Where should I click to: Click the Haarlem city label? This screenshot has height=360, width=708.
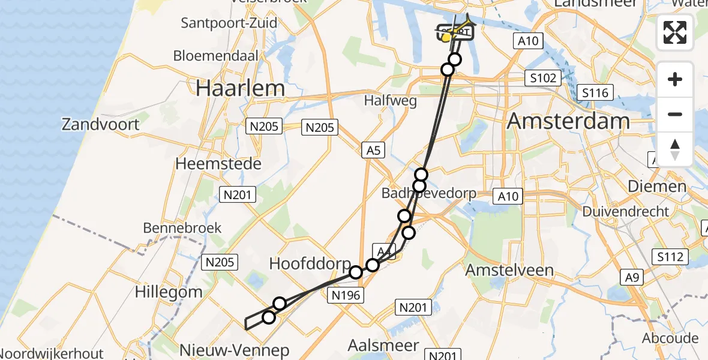[241, 89]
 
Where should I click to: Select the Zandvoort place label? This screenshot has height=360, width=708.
[100, 125]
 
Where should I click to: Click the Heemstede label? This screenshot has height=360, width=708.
[218, 163]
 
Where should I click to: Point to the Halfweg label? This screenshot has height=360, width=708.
[391, 101]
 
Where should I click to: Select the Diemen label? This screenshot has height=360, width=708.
[656, 186]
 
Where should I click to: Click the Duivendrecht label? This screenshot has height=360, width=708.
[626, 211]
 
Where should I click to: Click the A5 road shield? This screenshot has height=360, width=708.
[373, 151]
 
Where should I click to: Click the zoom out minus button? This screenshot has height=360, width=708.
[675, 114]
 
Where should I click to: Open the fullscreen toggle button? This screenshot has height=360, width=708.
[675, 32]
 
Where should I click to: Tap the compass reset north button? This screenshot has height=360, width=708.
[675, 148]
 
